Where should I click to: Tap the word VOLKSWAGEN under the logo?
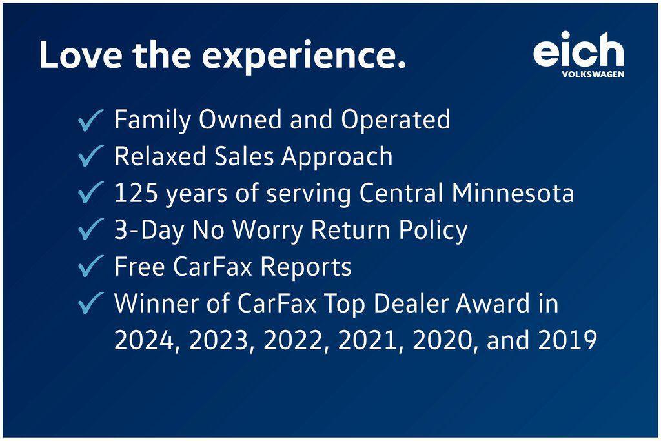tap(593, 74)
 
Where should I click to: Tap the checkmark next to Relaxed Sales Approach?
tap(90, 156)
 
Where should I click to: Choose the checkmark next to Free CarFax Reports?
tap(90, 266)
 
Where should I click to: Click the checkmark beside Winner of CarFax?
tap(90, 303)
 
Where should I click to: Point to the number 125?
tap(136, 193)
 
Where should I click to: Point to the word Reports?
tap(305, 267)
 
